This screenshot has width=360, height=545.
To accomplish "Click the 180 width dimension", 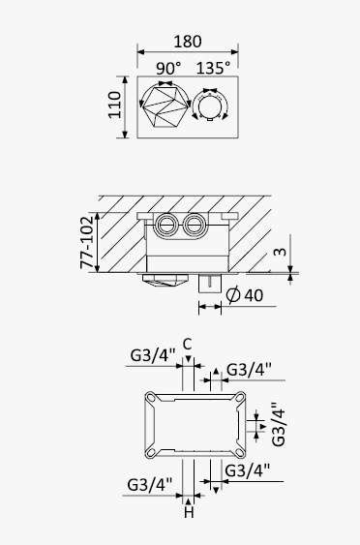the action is point(188,42).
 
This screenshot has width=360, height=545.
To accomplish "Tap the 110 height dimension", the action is point(114,105).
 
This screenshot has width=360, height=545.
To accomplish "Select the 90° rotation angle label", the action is point(168,68).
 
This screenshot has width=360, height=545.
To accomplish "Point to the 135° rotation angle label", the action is point(213,68).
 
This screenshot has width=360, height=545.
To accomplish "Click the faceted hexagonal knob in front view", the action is point(165,106).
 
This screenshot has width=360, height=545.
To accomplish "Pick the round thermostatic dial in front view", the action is point(210,106).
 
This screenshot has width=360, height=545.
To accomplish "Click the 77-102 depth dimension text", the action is point(87,242).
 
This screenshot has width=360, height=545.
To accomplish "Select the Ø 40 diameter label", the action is point(244,295).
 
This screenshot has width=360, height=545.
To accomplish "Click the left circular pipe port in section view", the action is point(166,225).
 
